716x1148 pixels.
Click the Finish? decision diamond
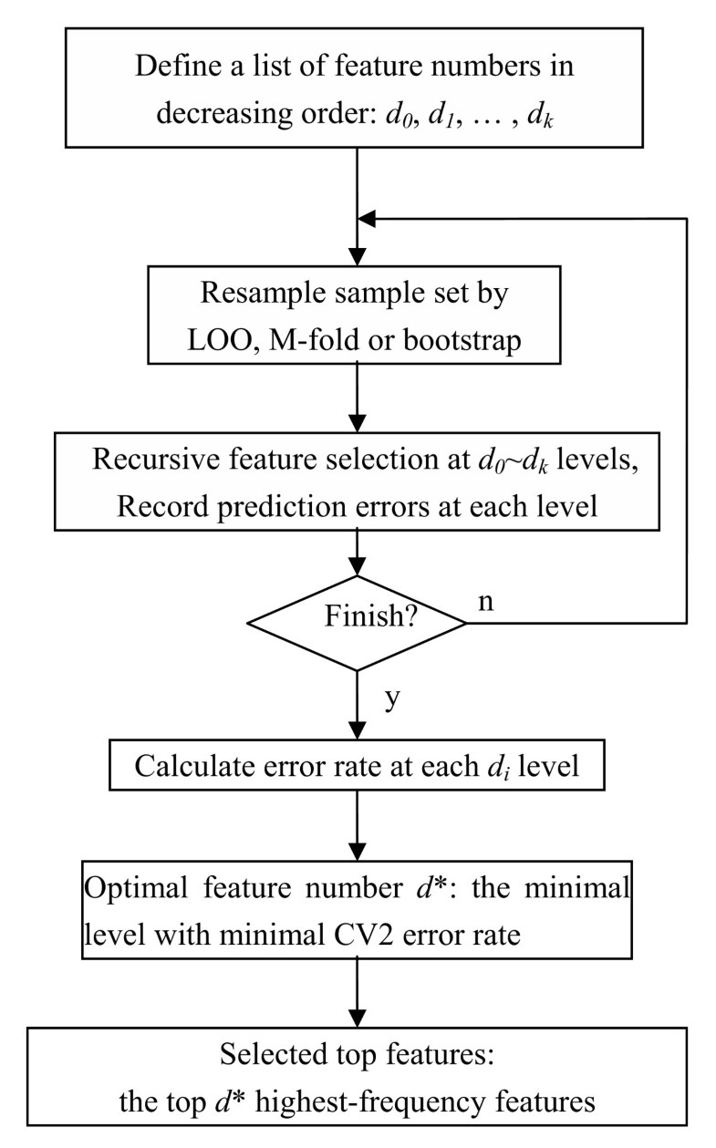[x=357, y=624]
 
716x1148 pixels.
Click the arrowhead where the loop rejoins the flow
[x=368, y=218]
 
